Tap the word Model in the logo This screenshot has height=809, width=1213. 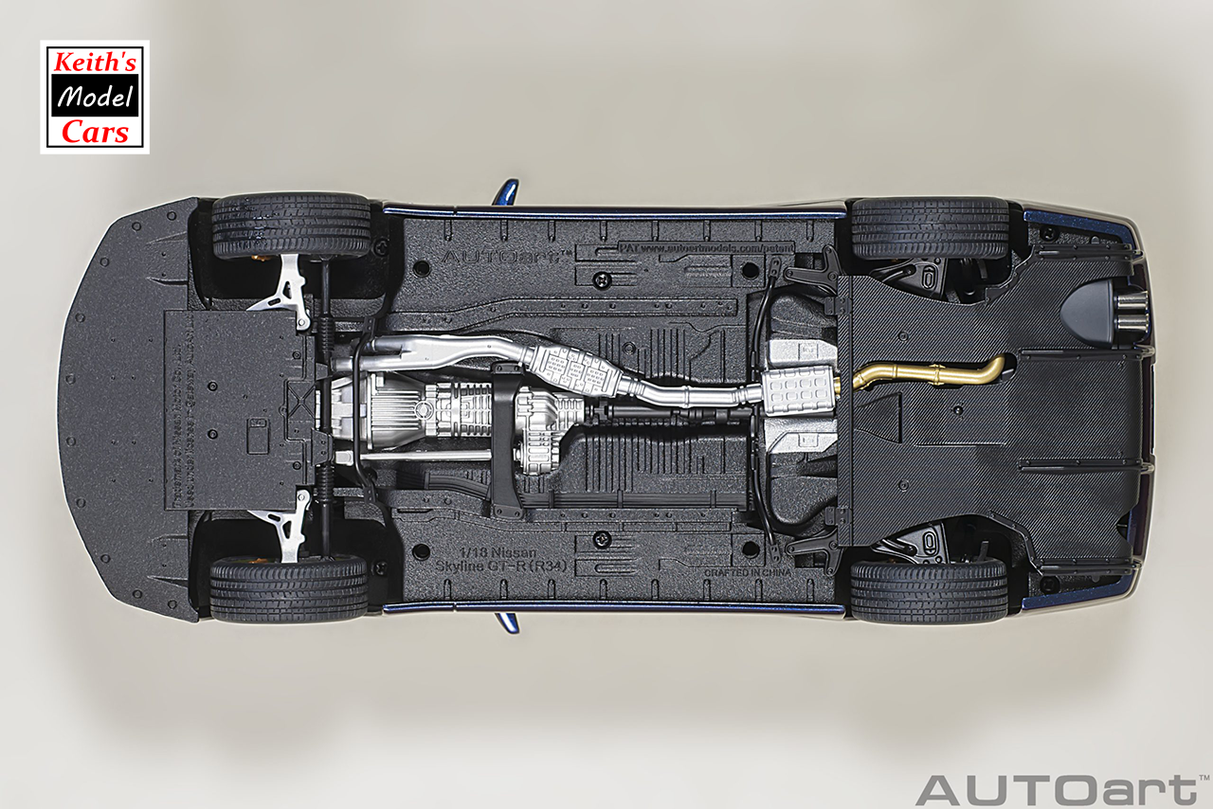click(x=94, y=96)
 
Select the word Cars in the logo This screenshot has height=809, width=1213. click(x=94, y=132)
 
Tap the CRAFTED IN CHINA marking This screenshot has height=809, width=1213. click(x=748, y=572)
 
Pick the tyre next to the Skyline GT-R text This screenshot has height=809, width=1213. click(x=288, y=587)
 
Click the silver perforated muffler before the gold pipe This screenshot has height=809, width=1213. click(x=798, y=389)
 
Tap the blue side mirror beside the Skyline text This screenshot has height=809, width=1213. click(x=508, y=623)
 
